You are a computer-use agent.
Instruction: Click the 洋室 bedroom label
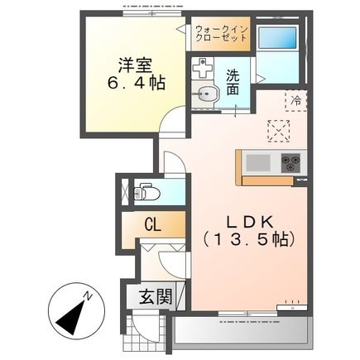[135, 65]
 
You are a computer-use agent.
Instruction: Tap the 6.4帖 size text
[136, 83]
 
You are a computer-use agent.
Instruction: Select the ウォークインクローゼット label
[220, 34]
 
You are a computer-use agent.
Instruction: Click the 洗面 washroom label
[233, 82]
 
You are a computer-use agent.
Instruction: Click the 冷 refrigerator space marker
[296, 100]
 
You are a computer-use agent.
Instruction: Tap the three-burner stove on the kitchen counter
[290, 162]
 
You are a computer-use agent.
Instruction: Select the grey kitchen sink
[258, 162]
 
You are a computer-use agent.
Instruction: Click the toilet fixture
[146, 192]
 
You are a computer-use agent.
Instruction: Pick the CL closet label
[152, 225]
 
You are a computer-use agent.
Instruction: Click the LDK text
[250, 222]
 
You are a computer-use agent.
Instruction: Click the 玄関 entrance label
[156, 296]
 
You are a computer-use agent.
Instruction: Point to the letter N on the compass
[88, 296]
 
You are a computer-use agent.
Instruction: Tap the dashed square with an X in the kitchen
[279, 131]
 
